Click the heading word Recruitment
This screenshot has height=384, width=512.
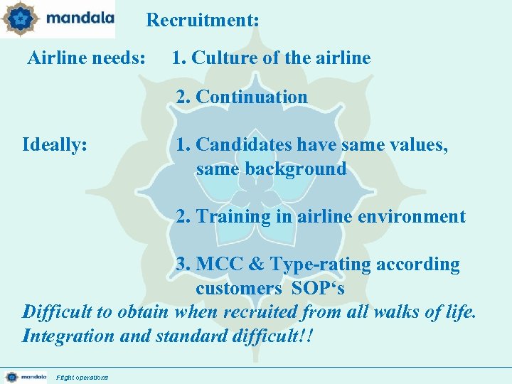click(201, 21)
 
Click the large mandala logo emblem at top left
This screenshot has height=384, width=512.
click(19, 19)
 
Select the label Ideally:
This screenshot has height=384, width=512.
click(55, 145)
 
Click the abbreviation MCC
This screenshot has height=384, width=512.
click(218, 265)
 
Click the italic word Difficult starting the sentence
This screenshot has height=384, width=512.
click(60, 312)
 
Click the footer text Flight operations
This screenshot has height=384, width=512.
click(82, 377)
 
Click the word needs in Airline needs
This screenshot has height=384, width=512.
click(118, 58)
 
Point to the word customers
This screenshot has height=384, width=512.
click(239, 289)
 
